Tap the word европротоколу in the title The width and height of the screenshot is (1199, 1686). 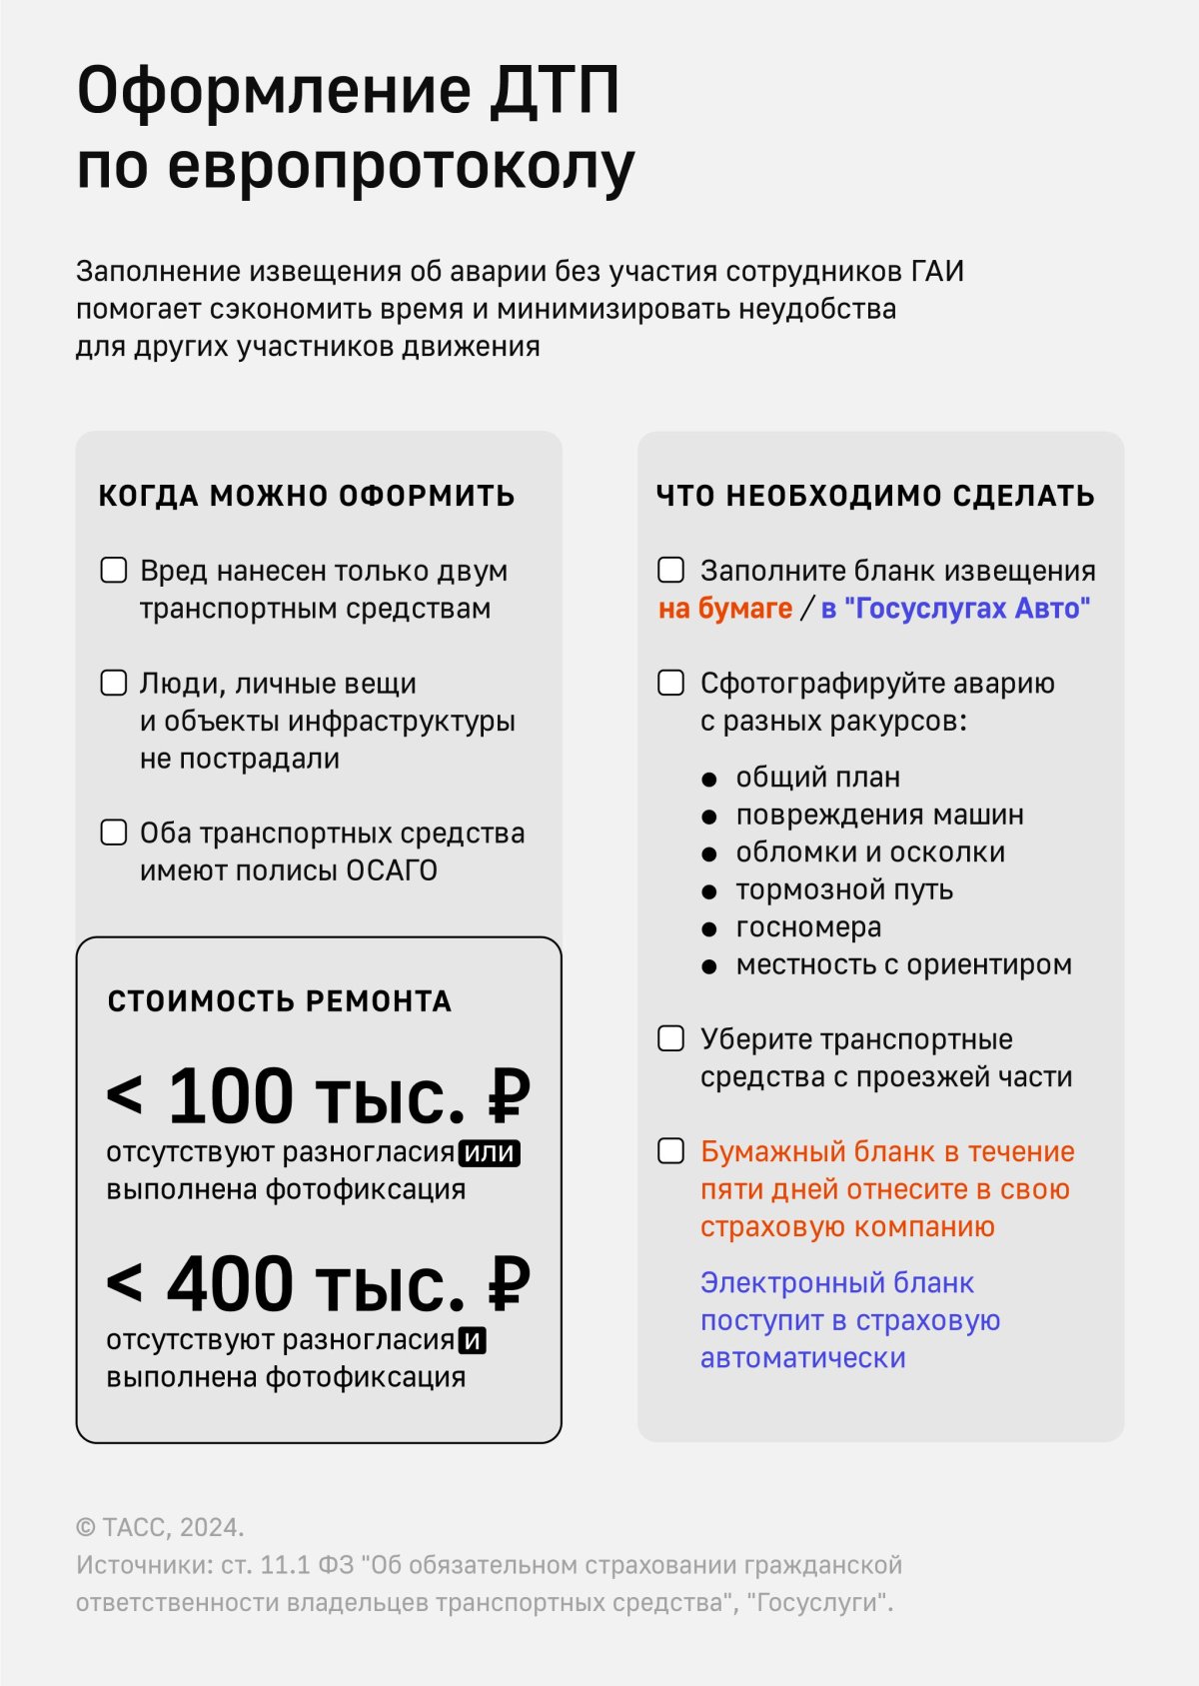tap(400, 167)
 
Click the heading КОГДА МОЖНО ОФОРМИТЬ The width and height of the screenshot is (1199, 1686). tap(307, 496)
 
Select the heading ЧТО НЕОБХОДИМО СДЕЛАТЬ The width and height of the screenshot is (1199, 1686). tap(875, 496)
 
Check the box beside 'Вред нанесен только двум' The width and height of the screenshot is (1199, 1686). tap(114, 571)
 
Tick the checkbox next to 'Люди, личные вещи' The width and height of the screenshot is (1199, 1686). tap(114, 684)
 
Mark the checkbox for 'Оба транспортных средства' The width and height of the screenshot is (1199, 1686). tap(114, 833)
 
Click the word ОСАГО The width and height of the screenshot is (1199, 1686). tap(392, 871)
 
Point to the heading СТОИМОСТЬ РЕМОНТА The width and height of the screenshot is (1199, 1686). tap(280, 1001)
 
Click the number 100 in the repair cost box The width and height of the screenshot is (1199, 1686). tap(231, 1096)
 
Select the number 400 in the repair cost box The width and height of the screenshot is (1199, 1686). tap(231, 1284)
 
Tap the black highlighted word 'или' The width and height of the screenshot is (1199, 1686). tap(490, 1153)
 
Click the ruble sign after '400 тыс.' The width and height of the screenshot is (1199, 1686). tap(509, 1284)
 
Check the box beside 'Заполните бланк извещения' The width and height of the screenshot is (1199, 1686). tap(671, 571)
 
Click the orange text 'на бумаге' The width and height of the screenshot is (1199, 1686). tap(725, 609)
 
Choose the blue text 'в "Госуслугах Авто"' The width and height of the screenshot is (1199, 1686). tap(956, 609)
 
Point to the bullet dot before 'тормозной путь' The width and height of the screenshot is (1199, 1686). tap(709, 891)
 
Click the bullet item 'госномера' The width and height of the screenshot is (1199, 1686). tap(808, 927)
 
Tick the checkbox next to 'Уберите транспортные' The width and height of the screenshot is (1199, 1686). tap(671, 1039)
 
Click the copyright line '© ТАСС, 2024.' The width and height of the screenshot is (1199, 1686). tap(160, 1528)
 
